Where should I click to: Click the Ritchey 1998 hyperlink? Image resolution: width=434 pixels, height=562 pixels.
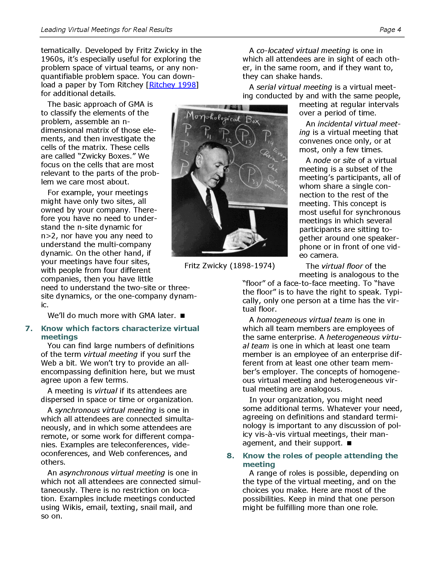point(173,85)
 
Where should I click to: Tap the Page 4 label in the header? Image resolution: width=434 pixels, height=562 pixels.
point(390,30)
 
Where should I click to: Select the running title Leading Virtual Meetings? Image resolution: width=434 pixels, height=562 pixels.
point(106,30)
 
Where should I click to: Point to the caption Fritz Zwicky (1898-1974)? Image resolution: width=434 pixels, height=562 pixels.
point(230,266)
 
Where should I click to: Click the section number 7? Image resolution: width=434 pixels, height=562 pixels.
point(29,329)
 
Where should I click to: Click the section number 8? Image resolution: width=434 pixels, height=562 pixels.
point(230,456)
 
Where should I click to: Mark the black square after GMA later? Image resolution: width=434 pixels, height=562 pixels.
point(183,316)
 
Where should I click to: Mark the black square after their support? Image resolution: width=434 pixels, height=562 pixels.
point(349,443)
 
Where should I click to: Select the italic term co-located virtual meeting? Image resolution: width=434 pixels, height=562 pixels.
point(303,51)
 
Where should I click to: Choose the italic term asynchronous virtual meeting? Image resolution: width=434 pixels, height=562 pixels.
point(112,473)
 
